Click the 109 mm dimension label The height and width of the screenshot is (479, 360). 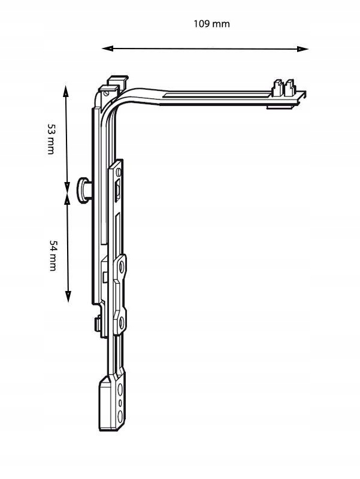pyautogui.click(x=211, y=24)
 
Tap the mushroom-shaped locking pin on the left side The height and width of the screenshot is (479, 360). pyautogui.click(x=83, y=190)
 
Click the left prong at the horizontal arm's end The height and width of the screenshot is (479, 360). pyautogui.click(x=278, y=87)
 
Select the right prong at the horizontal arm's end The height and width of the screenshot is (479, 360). pyautogui.click(x=291, y=87)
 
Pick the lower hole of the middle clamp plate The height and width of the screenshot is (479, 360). pyautogui.click(x=122, y=323)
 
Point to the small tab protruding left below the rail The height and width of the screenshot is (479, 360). pyautogui.click(x=96, y=324)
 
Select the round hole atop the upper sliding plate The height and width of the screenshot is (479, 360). pyautogui.click(x=119, y=172)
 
